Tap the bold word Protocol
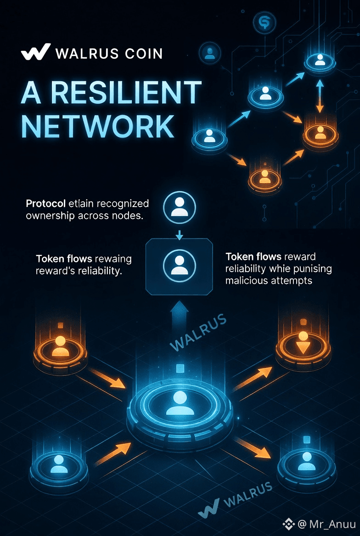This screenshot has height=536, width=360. [x=45, y=203]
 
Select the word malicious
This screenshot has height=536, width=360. [x=247, y=280]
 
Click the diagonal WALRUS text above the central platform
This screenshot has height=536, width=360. [x=198, y=333]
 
